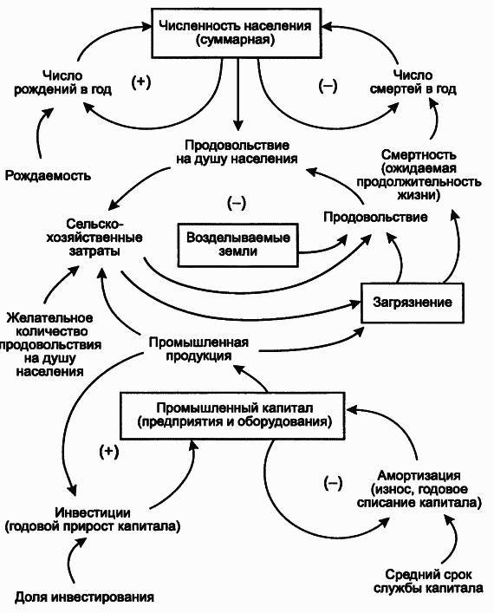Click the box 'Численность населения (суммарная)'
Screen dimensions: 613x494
point(235,32)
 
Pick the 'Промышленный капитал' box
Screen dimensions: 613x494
point(234,415)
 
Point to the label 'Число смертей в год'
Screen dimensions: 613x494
point(423,82)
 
